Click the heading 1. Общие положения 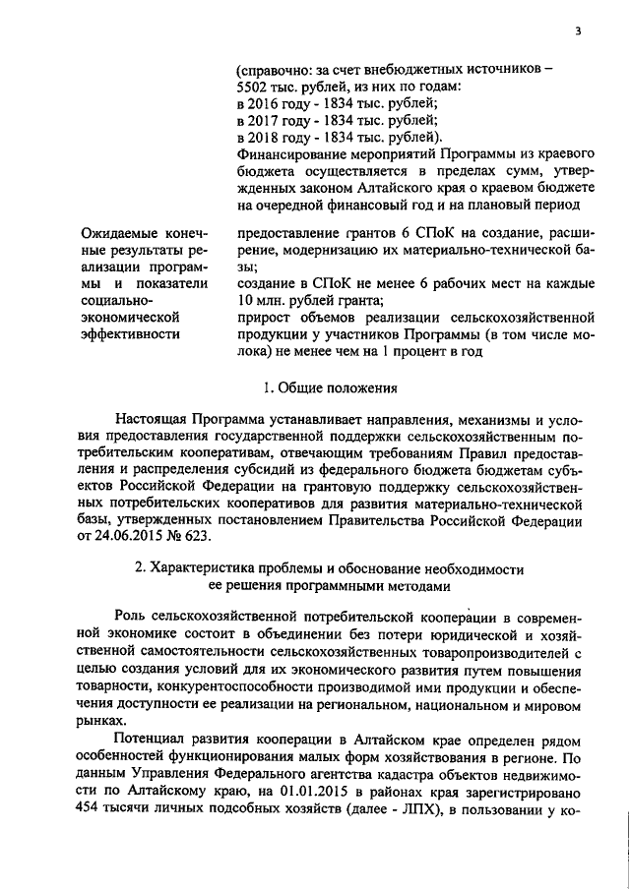[332, 386]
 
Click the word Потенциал [152, 739]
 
